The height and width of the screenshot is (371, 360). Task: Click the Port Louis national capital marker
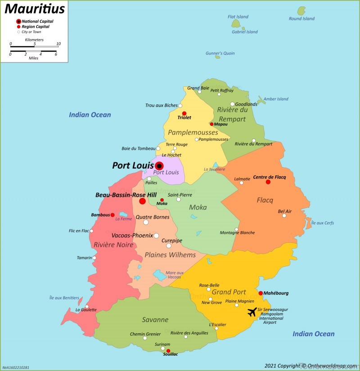(159, 166)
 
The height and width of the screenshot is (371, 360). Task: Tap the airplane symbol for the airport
(252, 311)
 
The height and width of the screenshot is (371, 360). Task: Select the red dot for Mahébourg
(261, 293)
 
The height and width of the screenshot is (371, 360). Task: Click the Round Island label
(301, 18)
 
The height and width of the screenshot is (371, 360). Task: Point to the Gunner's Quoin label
(220, 53)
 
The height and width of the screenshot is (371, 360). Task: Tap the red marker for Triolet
(184, 113)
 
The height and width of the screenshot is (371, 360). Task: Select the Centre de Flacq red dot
(268, 182)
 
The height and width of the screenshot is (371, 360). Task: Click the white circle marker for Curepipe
(169, 246)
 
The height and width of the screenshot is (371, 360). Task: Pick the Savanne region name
(155, 320)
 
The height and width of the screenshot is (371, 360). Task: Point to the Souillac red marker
(168, 351)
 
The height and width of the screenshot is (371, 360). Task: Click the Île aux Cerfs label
(323, 223)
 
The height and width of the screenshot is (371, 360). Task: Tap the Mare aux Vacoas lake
(160, 274)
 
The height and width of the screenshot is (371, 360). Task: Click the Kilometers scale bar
(34, 46)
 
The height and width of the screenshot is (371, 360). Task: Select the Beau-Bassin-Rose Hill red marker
(143, 201)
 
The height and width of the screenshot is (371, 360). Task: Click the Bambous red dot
(112, 215)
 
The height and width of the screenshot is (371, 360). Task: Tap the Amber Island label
(275, 99)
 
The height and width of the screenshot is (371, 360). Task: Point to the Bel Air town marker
(284, 216)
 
